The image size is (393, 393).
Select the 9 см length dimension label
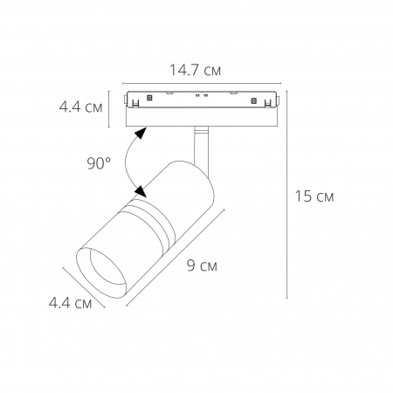coord(202,265)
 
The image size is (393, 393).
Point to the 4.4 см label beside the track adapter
coord(80,108)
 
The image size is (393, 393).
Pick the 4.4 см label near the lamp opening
coord(70,303)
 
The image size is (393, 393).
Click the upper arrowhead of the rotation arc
coord(140,133)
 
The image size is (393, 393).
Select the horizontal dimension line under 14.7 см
coord(203,79)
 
